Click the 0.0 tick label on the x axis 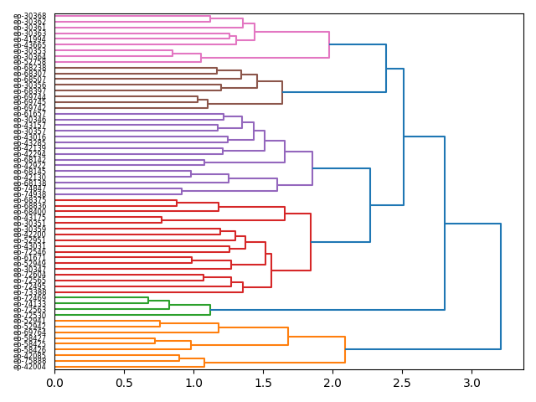click(54, 384)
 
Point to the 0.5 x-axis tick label click(124, 384)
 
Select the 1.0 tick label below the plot click(193, 384)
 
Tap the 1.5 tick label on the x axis click(263, 384)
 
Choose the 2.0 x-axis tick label click(332, 384)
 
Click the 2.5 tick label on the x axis click(402, 384)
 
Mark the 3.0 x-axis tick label click(472, 384)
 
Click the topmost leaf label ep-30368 click(30, 16)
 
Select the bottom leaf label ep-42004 click(30, 367)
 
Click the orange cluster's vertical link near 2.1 click(345, 349)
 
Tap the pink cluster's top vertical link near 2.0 click(329, 44)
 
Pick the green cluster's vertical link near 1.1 click(210, 310)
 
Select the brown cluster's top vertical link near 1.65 click(282, 92)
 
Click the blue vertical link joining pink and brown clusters click(386, 68)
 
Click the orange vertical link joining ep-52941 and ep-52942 click(160, 323)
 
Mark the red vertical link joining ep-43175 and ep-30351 click(162, 219)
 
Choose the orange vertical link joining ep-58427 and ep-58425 click(155, 340)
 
